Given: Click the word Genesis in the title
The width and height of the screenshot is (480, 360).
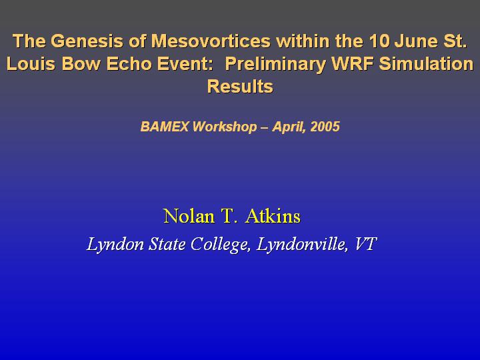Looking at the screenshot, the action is tap(87, 41).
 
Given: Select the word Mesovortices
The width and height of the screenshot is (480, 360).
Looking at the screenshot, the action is tap(211, 41).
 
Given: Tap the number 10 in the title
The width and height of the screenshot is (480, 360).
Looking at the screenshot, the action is tap(379, 41).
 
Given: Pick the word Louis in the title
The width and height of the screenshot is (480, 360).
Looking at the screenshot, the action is tap(31, 64).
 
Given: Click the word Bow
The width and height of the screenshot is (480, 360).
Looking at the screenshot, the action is tap(81, 64).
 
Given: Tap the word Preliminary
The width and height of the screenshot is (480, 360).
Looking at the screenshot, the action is tap(275, 64).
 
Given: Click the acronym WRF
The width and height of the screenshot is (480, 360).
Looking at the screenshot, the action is tap(353, 64).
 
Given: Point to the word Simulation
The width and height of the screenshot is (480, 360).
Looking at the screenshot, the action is tap(426, 64).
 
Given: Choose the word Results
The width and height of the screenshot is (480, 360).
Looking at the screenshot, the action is tap(240, 86).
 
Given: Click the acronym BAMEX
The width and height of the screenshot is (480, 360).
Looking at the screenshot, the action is tap(165, 127).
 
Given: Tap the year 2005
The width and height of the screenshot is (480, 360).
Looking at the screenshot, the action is tap(325, 127).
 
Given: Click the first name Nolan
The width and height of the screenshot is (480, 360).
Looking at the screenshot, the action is tap(189, 216).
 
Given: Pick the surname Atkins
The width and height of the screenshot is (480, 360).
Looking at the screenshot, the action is tap(273, 216).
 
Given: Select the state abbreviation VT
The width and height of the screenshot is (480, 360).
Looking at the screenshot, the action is tap(365, 244).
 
